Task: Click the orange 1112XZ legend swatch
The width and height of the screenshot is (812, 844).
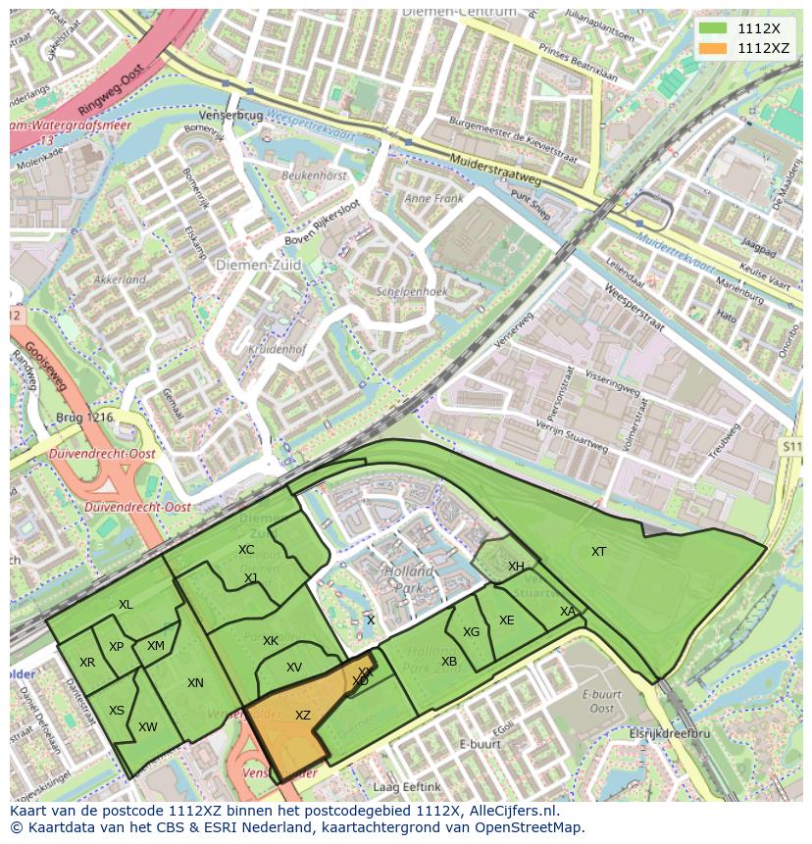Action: click(714, 48)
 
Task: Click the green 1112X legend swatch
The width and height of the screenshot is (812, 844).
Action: click(714, 28)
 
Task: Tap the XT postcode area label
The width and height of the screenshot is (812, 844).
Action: click(598, 552)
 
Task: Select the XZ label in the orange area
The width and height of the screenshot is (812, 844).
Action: click(302, 716)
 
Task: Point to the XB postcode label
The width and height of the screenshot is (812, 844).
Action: click(449, 662)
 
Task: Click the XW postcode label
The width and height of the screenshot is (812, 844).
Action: click(148, 727)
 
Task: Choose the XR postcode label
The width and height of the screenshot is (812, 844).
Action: click(87, 663)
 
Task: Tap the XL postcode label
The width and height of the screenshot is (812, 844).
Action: click(126, 605)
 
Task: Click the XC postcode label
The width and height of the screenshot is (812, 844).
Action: click(246, 550)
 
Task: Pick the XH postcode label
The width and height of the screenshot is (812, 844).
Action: click(516, 567)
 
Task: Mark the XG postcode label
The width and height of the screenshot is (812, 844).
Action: click(472, 632)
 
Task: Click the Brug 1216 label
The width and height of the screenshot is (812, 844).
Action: click(87, 417)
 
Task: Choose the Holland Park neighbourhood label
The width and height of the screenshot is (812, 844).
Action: click(409, 579)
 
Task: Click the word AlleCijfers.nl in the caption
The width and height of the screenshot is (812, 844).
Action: click(513, 811)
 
